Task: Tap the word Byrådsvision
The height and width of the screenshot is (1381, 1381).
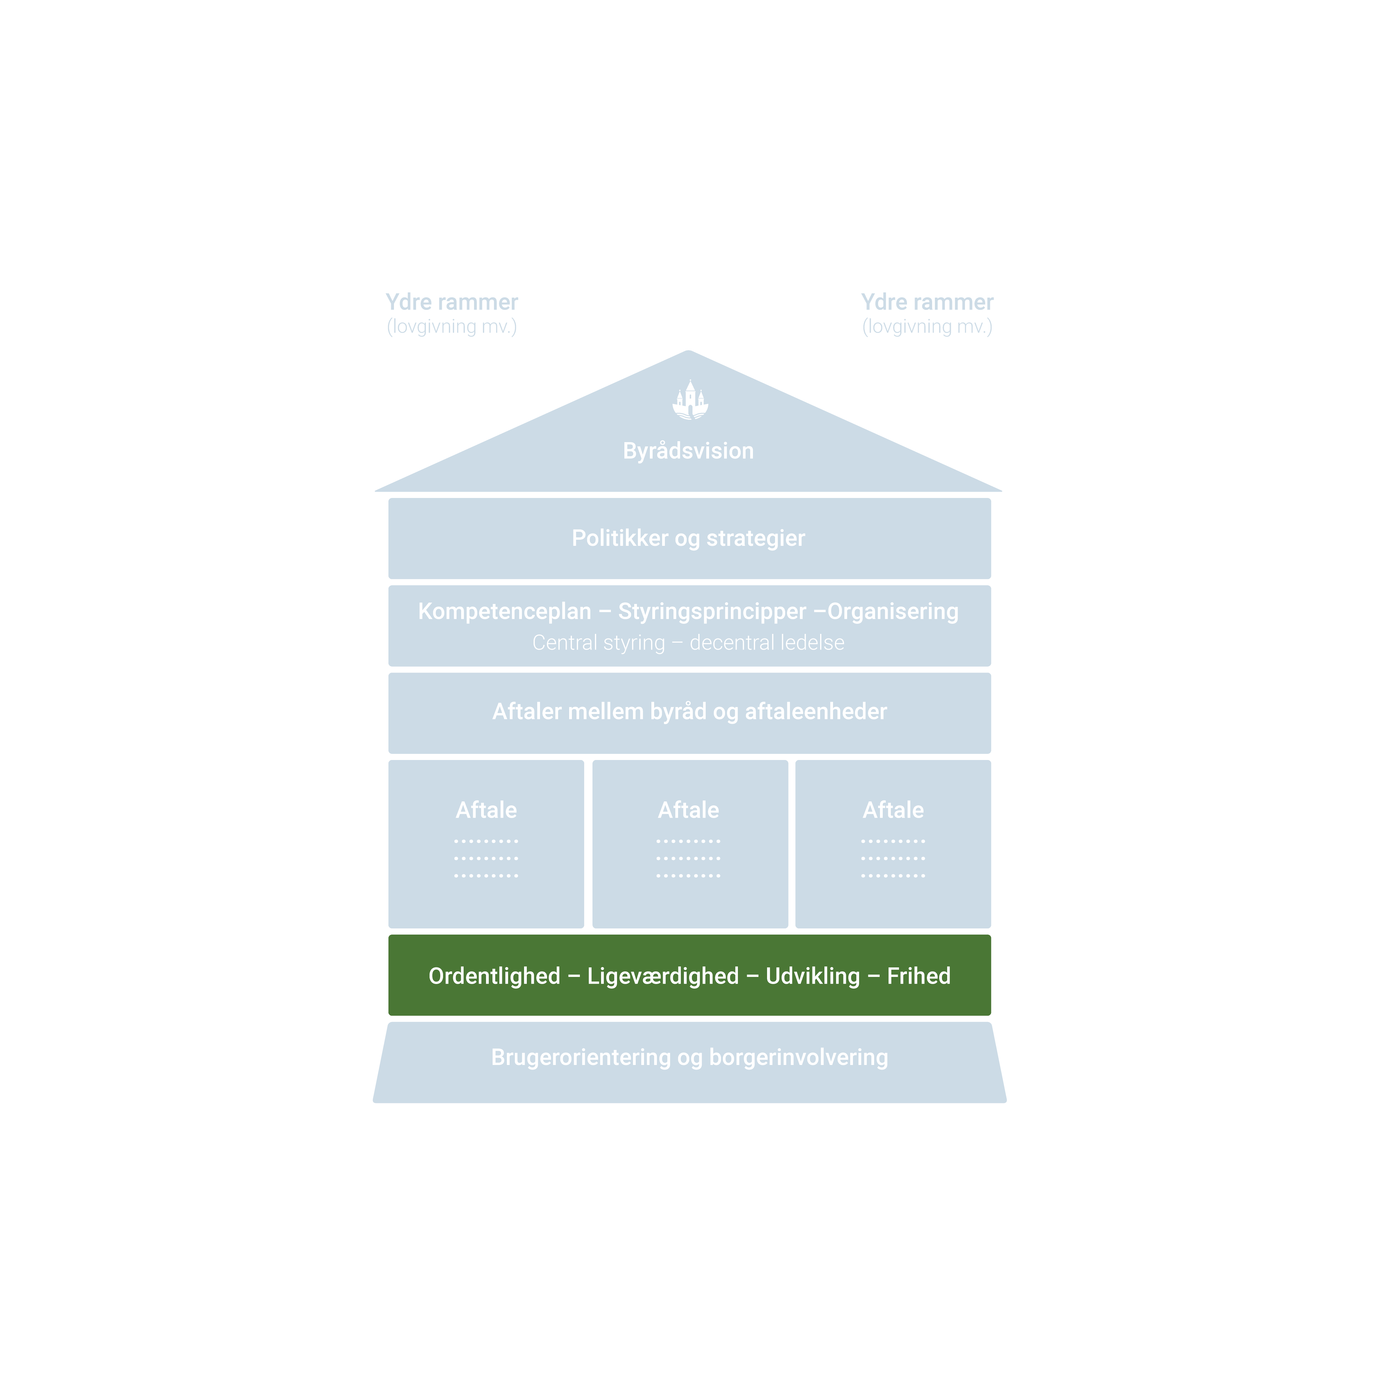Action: (x=689, y=451)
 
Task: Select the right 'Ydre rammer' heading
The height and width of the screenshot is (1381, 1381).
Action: (x=927, y=302)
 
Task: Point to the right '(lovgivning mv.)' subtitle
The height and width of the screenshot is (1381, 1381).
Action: (x=927, y=327)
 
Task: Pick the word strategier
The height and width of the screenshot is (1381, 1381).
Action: (x=756, y=538)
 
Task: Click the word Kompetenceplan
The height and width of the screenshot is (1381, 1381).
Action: (x=505, y=612)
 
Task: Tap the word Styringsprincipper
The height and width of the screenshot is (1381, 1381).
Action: (x=712, y=612)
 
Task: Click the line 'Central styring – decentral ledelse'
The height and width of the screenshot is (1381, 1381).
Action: (x=689, y=642)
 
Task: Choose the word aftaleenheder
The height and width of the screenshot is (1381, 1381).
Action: (x=816, y=712)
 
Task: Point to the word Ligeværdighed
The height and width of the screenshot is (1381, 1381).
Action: (x=663, y=976)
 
